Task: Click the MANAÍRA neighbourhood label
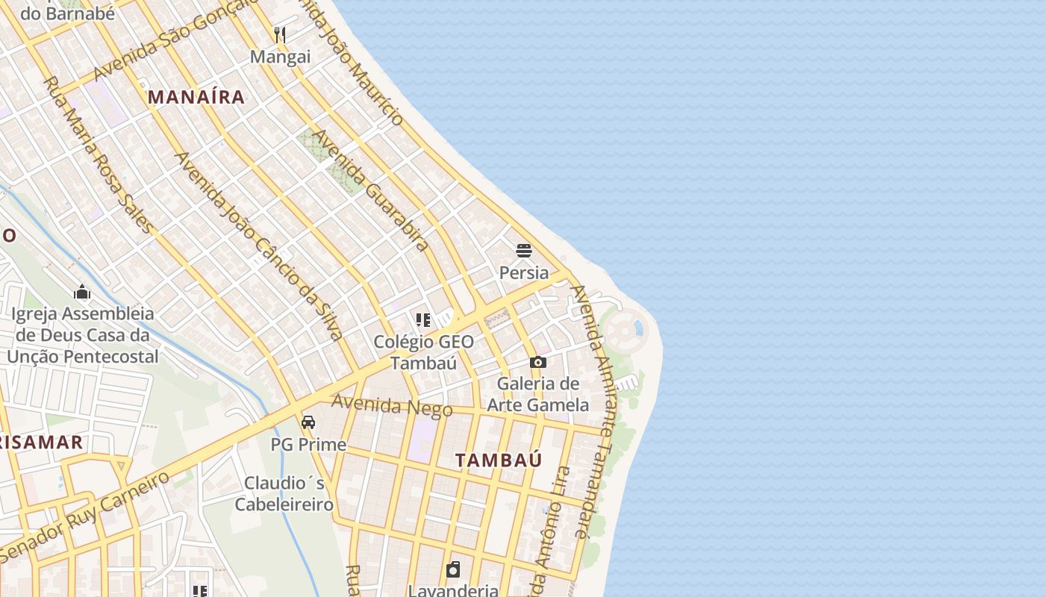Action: click(x=196, y=96)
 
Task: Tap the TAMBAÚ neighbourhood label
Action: click(x=499, y=460)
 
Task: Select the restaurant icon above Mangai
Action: click(x=280, y=34)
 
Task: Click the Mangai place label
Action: click(x=280, y=57)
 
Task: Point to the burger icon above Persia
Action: click(x=524, y=250)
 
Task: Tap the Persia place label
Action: click(x=524, y=272)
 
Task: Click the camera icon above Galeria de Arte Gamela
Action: click(x=537, y=363)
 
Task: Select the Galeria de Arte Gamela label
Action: click(x=537, y=395)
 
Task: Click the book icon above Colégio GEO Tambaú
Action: click(x=423, y=320)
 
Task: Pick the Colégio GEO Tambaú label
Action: click(x=423, y=352)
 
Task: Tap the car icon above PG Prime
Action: click(x=308, y=422)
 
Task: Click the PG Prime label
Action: click(x=308, y=445)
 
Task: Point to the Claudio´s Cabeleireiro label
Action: click(x=284, y=493)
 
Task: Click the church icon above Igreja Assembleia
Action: click(x=82, y=291)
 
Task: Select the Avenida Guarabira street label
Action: click(x=370, y=190)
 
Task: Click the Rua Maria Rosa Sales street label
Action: click(x=98, y=154)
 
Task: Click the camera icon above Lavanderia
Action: click(x=453, y=570)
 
